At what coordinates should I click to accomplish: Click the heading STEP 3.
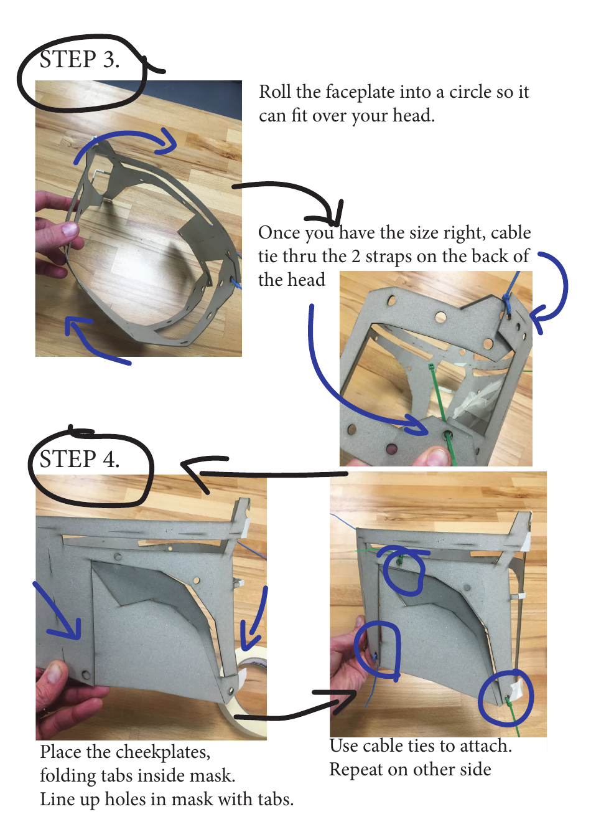point(79,60)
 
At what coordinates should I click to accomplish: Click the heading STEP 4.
point(79,460)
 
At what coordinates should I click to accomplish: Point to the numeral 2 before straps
point(356,257)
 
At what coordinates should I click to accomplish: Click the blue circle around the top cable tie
point(404,571)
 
